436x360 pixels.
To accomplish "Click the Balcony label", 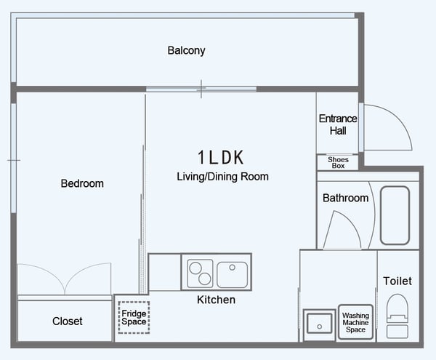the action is coord(186,51).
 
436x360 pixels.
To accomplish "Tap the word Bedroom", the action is coord(82,183).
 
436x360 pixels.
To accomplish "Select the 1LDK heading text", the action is coord(221,157).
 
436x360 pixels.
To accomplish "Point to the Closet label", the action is coord(68,321).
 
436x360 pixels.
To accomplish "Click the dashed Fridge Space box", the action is coord(134,317).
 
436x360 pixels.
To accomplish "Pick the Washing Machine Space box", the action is coord(355,322).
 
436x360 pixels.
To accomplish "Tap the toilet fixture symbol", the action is coord(397,316).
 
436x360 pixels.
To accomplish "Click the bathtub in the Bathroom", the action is coord(395,215).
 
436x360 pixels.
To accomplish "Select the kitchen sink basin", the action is coord(233,275).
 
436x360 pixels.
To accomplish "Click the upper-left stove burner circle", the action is coord(195,268).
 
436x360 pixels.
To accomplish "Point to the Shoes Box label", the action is coord(338,162).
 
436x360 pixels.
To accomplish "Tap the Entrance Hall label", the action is coord(338,124).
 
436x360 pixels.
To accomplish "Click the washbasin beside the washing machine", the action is coord(320,324).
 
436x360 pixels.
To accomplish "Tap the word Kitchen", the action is coord(216,300).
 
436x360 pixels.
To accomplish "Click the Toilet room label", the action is coord(397,281).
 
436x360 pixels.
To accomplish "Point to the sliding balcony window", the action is coord(201,89).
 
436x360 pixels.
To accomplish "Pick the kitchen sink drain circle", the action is coord(233,268).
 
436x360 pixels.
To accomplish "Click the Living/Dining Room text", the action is coord(223,177).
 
